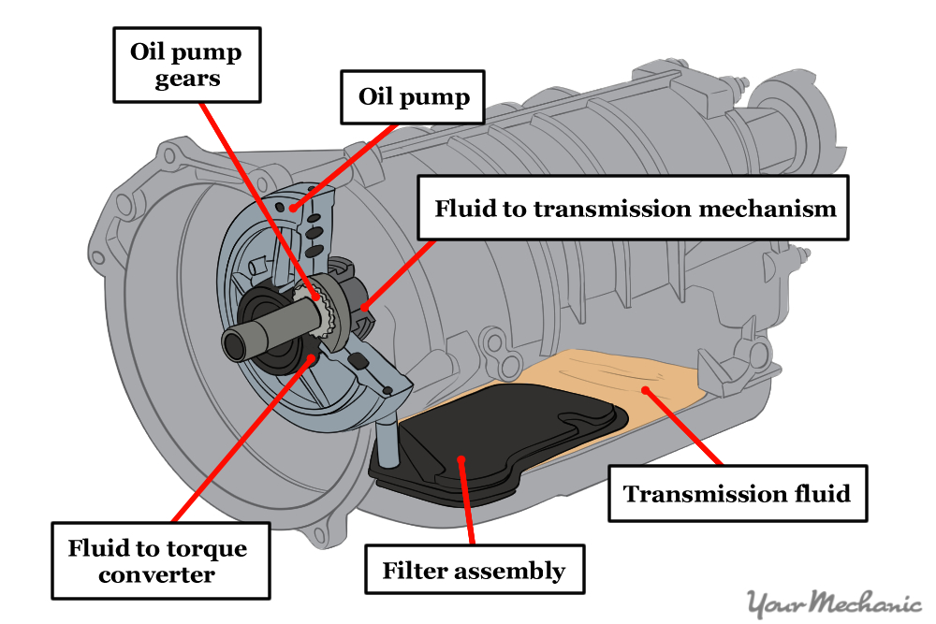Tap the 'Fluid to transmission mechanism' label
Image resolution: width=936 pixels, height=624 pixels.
[x=635, y=208]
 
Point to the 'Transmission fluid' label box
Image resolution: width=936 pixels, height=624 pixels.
[x=737, y=493]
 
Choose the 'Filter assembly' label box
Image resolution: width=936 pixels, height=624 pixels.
[x=474, y=570]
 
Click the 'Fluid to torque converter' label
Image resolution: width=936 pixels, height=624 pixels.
[x=160, y=560]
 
